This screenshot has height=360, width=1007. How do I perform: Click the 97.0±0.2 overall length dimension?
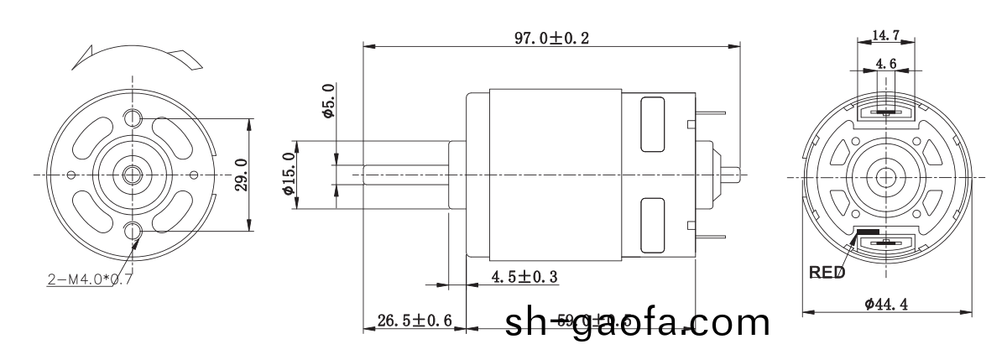(551, 38)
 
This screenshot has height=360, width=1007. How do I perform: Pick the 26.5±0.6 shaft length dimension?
(415, 319)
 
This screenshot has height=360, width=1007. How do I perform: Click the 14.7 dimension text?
(886, 35)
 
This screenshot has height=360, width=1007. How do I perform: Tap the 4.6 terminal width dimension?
(886, 63)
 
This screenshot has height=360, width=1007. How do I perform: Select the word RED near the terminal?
(827, 273)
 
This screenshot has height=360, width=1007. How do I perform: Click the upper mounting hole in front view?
(133, 117)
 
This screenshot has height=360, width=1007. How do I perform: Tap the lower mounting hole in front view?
(133, 231)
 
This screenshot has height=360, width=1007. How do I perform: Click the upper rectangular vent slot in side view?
(650, 124)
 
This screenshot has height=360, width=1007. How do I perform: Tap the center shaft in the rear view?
(885, 176)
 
